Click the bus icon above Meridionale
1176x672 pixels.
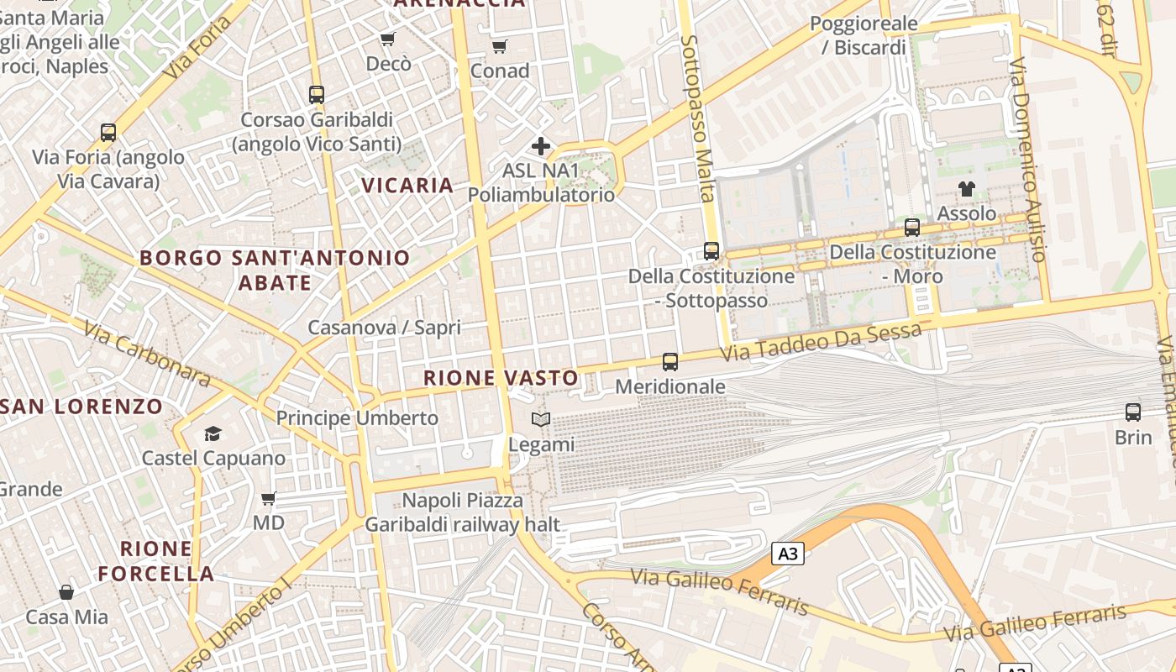pos(669,362)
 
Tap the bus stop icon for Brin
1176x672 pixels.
pos(1133,412)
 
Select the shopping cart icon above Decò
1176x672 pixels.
pos(387,39)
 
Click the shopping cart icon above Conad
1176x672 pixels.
pos(500,46)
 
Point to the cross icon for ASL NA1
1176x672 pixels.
pos(541,146)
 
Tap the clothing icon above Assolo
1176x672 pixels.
pos(967,189)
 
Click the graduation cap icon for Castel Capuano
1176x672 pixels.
pos(213,433)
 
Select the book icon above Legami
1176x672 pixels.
pos(541,419)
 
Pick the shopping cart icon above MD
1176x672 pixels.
pos(269,499)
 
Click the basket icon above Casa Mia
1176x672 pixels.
pos(66,592)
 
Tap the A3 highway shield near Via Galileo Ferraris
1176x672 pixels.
pos(787,554)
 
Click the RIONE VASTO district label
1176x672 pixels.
pos(501,378)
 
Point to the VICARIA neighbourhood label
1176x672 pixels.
pos(407,185)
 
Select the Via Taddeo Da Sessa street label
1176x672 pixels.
pos(822,342)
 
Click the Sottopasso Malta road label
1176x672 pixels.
pos(699,118)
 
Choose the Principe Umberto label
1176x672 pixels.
pos(357,417)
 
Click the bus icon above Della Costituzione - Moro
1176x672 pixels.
pos(912,227)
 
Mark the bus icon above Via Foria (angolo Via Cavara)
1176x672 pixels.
pos(108,132)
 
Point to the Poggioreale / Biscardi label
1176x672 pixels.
pos(864,35)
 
